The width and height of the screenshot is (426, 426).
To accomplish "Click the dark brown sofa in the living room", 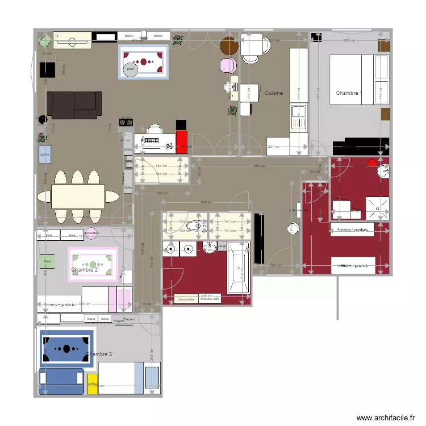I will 74,105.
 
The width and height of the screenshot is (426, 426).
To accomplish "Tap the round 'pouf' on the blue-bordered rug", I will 131,69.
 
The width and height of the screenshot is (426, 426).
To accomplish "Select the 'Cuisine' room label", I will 273,93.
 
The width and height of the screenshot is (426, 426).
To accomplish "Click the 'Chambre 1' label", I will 348,93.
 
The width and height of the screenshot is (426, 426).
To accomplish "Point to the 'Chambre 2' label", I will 84,270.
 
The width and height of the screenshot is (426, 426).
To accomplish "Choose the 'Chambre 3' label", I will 99,354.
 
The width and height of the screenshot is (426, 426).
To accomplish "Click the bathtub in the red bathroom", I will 238,268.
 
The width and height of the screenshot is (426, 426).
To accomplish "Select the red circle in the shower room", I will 373,163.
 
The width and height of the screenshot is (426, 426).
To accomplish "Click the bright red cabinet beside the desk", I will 182,142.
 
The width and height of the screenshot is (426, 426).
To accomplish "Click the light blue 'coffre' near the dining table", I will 45,154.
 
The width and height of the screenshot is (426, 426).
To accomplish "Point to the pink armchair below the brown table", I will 229,65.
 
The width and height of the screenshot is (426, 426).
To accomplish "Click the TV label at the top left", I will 57,35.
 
